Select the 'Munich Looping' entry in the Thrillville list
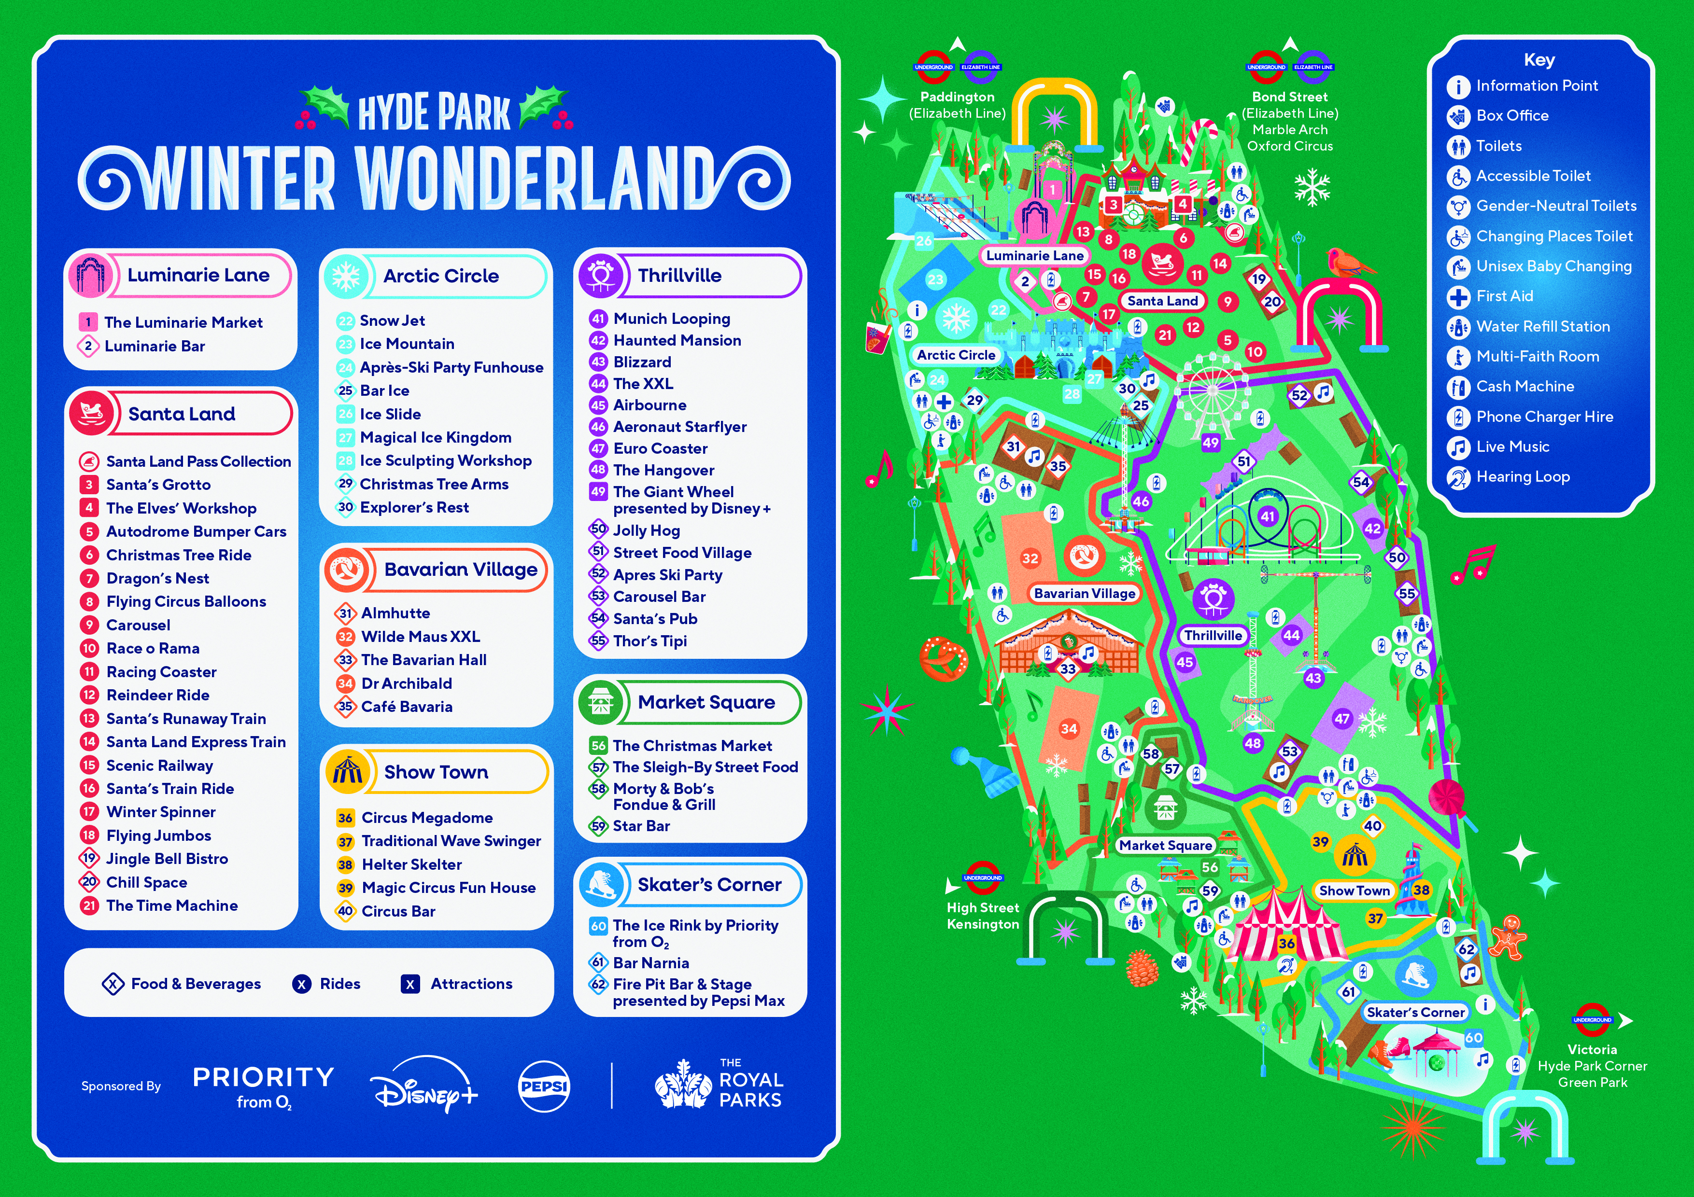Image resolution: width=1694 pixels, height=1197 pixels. pos(671,319)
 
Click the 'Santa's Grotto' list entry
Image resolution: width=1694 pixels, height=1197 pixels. pos(158,485)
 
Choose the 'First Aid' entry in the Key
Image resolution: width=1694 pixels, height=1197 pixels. pos(1504,296)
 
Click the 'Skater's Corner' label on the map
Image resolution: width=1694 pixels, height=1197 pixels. pos(1415,1013)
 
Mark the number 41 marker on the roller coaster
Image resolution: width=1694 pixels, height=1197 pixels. pos(1268,516)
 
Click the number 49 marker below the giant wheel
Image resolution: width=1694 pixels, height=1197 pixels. pos(1211,443)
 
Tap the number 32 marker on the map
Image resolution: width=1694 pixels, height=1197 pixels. pos(1030,558)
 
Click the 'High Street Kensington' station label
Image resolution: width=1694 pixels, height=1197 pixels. pos(983,916)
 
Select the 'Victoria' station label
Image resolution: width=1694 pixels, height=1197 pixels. pos(1592,1049)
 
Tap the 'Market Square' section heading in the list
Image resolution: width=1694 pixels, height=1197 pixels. pos(706,702)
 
